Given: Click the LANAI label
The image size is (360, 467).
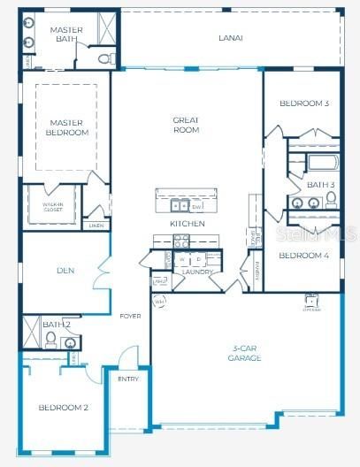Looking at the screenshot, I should (x=231, y=38).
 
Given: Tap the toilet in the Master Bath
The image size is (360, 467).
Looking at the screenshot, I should (x=106, y=59).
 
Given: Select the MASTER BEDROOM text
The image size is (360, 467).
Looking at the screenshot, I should (x=68, y=127).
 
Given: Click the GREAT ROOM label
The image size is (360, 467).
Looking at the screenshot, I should (x=187, y=125).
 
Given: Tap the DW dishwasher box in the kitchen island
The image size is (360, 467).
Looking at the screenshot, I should (x=196, y=206).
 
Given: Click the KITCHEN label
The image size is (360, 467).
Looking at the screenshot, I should (x=188, y=224).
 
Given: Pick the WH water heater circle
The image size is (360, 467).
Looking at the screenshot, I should (x=160, y=302).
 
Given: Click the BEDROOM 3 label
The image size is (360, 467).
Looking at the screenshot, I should (x=303, y=103).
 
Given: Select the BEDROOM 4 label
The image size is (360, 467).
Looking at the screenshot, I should (x=303, y=256).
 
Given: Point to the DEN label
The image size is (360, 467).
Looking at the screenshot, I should (x=65, y=271).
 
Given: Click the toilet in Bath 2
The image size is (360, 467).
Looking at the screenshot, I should (x=50, y=339).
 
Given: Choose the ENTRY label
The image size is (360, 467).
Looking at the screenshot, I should (x=128, y=379).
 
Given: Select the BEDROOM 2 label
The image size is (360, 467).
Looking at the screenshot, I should (x=63, y=408).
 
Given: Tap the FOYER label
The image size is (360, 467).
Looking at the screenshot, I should (x=130, y=316).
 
